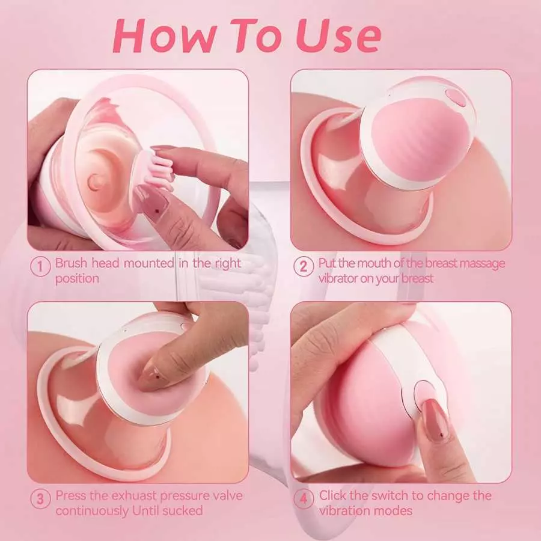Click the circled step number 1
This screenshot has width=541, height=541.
(x=40, y=266)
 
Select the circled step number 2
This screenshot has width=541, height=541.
(x=304, y=266)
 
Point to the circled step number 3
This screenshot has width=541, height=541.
(x=40, y=498)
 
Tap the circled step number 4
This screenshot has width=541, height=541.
(x=304, y=498)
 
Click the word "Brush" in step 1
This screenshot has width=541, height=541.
(x=72, y=263)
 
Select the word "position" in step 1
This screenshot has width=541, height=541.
(x=77, y=278)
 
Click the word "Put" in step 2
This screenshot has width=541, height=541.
(x=328, y=263)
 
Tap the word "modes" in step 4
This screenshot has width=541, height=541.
(x=395, y=511)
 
